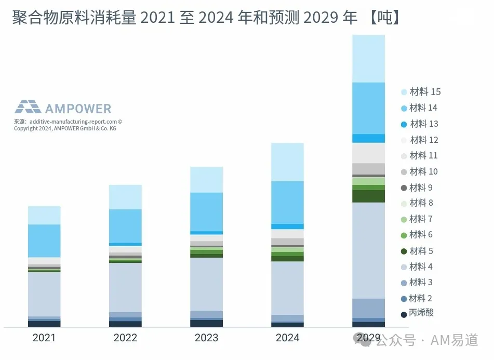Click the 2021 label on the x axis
[x=44, y=338]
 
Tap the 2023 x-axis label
[x=206, y=338]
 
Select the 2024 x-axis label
[x=287, y=338]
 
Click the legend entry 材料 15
[x=421, y=91]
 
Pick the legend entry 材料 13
[x=420, y=124]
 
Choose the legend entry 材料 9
[x=417, y=188]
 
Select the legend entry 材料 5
[x=417, y=251]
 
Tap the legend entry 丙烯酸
[x=417, y=313]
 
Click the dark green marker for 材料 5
[x=404, y=251]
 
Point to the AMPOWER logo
[x=63, y=107]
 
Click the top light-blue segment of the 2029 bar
[x=369, y=59]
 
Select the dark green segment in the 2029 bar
[x=369, y=196]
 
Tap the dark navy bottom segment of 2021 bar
[x=44, y=324]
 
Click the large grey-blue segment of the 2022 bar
[x=125, y=288]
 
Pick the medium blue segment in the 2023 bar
[x=206, y=212]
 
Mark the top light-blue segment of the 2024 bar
[x=287, y=162]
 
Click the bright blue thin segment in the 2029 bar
[x=369, y=139]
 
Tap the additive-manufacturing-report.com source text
[x=73, y=122]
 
